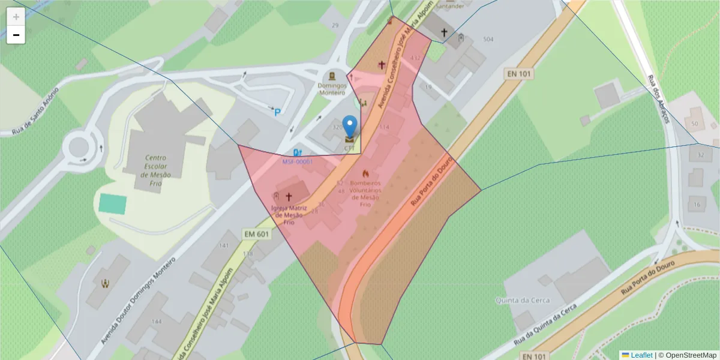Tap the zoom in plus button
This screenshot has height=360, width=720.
(16, 17)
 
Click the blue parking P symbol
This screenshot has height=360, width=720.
(277, 112)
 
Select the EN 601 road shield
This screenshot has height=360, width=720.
(257, 233)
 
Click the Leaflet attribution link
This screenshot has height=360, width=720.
(641, 355)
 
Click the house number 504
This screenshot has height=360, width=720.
(488, 39)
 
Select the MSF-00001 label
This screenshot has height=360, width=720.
(298, 162)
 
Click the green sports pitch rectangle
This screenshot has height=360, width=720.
(113, 204)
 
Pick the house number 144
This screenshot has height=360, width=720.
(157, 322)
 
